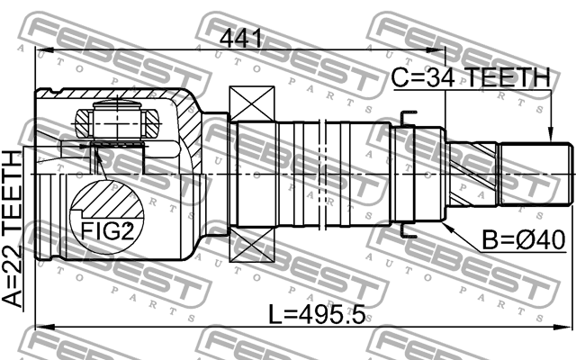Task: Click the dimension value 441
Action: point(240,39)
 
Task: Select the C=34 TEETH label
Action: point(470,79)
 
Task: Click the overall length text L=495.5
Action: point(314,316)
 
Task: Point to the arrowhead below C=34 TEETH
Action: point(550,136)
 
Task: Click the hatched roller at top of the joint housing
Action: point(113,116)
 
